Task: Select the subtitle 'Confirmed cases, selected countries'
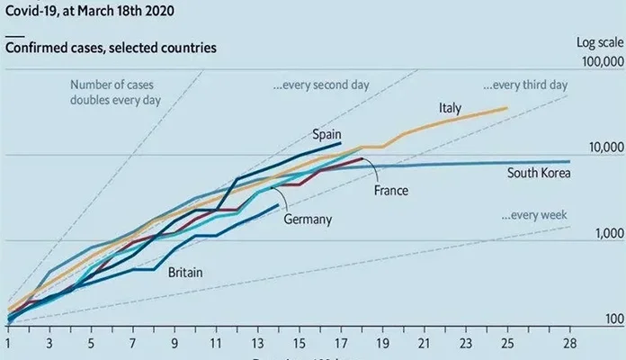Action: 111,47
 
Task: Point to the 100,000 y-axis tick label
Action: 597,61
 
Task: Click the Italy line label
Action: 450,109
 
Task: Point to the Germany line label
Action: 308,219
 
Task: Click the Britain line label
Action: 185,272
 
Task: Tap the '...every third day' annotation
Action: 525,85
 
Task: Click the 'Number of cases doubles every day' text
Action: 115,93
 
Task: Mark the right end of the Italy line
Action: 507,108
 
